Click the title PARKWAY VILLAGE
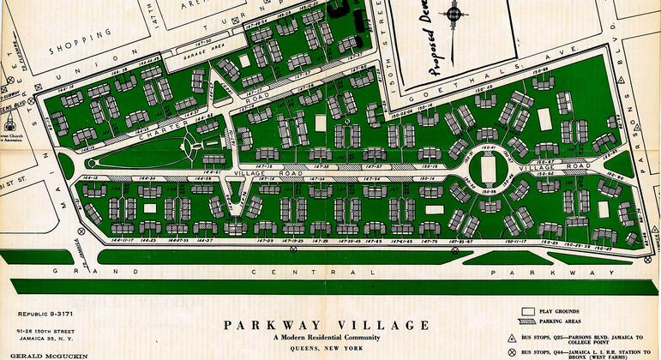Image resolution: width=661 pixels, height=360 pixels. click(327, 324)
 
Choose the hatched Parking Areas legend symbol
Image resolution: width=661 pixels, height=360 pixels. click(530, 323)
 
